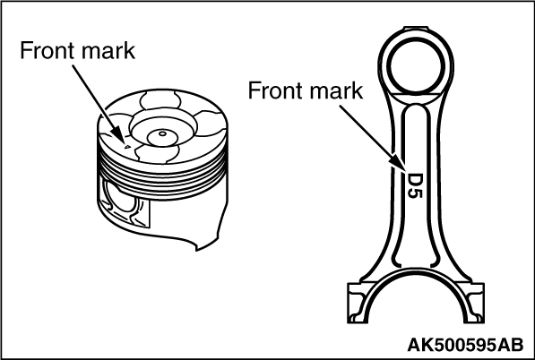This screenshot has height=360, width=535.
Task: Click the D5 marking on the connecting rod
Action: pos(415,185)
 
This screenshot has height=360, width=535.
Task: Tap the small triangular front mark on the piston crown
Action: pos(127,147)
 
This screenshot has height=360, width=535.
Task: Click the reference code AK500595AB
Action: pos(465,345)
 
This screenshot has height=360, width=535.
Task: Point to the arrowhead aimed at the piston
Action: pos(117,134)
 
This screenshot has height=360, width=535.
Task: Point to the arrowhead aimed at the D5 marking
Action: pos(399,163)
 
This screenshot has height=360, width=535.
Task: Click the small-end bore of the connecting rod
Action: pos(417,66)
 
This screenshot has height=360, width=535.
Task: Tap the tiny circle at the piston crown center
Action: pos(163,133)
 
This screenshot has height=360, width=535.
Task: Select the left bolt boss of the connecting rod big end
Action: pos(358,303)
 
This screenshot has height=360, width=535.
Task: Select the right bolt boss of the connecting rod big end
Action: pos(474,303)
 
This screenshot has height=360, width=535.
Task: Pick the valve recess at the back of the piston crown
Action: pos(160,100)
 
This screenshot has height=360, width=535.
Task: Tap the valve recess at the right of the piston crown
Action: pos(211,124)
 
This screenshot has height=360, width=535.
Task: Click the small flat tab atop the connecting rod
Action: pos(416,28)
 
